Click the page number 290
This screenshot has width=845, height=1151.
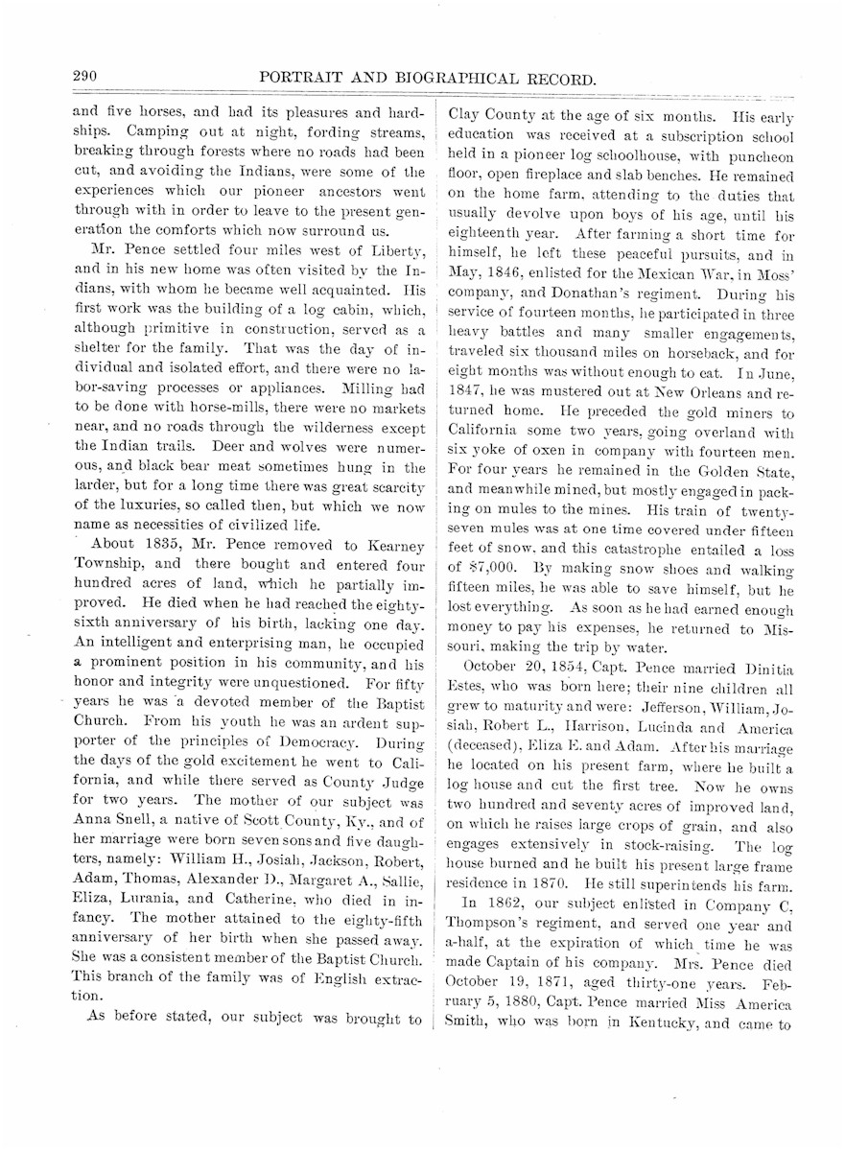(88, 77)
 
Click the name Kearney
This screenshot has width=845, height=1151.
(389, 546)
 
